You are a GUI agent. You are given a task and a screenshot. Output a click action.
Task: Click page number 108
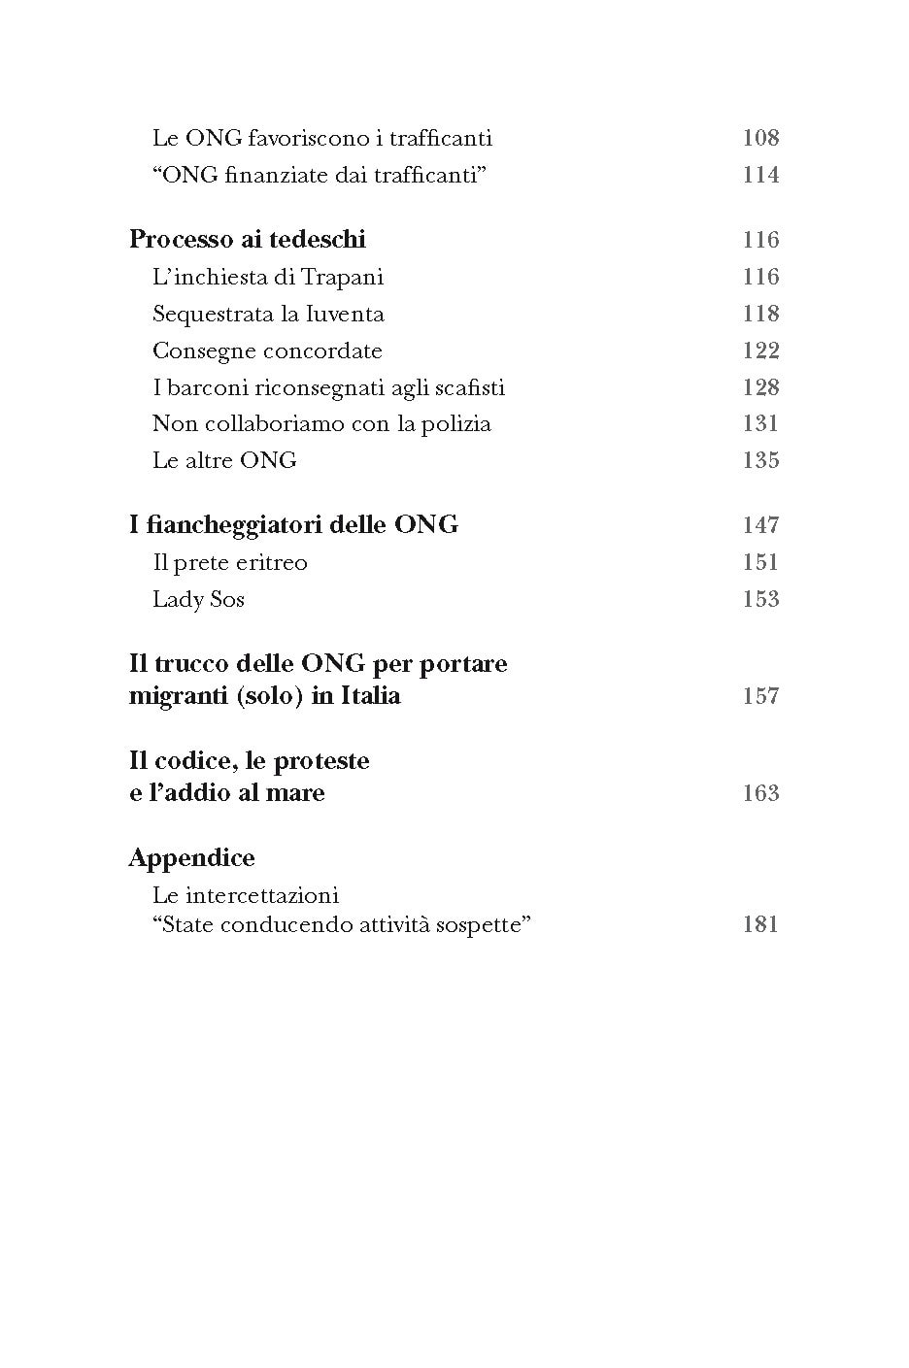[x=760, y=138]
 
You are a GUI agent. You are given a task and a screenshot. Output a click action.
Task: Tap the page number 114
[x=760, y=175]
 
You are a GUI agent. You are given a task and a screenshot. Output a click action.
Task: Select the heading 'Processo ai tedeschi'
[x=247, y=240]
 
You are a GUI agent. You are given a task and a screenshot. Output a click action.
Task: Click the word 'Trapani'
[x=342, y=278]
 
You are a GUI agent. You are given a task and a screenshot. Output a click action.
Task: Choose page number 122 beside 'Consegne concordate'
[x=760, y=350]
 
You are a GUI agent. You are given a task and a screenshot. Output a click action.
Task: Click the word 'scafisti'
[x=469, y=387]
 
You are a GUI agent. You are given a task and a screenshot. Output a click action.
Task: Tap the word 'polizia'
[x=455, y=424]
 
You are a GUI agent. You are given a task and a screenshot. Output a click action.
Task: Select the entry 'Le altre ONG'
[x=224, y=460]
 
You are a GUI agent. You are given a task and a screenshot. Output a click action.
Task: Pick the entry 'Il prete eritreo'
[x=230, y=563]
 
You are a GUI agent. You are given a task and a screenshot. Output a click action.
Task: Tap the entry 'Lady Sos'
[x=198, y=600]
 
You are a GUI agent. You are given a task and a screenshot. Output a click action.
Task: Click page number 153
[x=760, y=599]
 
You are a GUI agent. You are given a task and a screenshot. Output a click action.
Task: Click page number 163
[x=760, y=793]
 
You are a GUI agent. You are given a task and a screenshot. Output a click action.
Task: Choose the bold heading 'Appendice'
[x=191, y=858]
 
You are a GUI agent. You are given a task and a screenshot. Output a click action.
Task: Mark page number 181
[x=760, y=924]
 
